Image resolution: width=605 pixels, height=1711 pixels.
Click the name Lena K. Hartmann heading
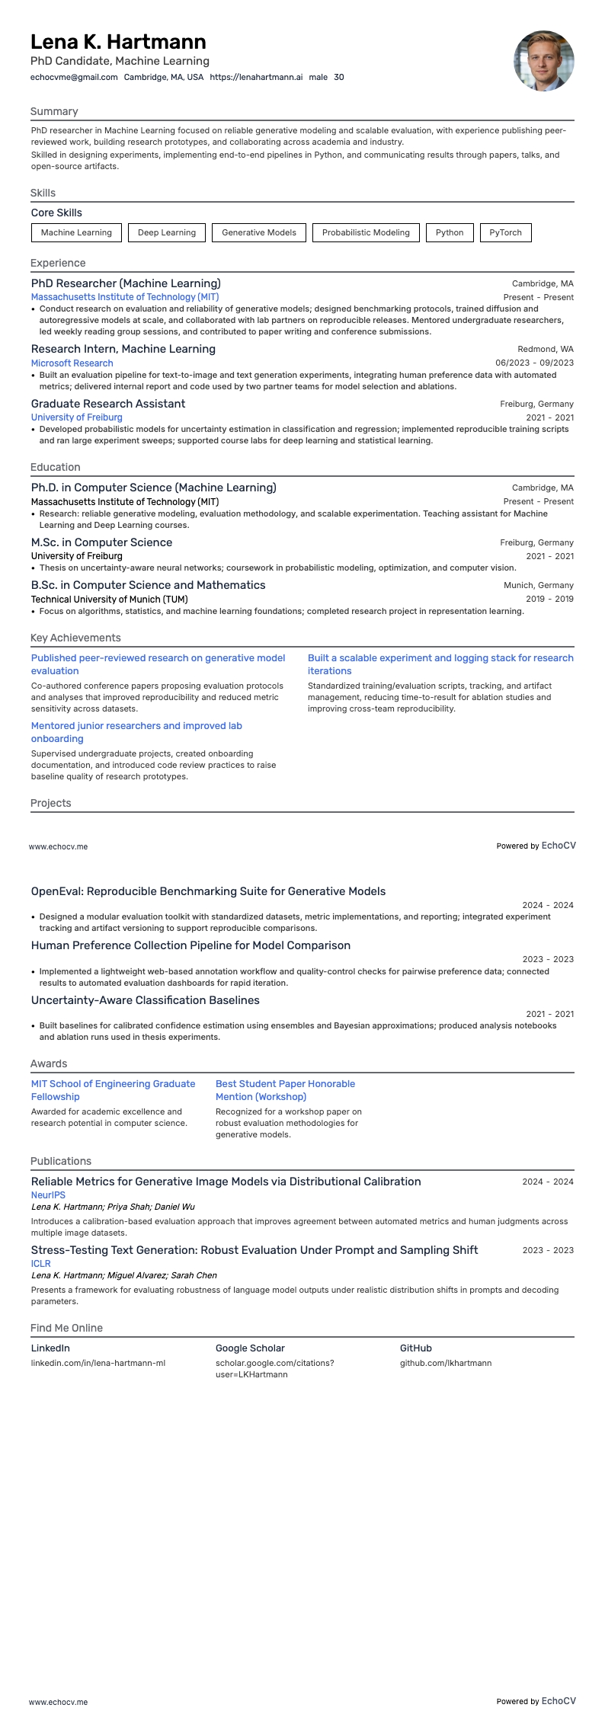[118, 41]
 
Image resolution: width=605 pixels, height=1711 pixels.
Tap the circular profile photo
[543, 61]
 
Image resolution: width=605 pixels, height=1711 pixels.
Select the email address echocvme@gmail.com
[74, 77]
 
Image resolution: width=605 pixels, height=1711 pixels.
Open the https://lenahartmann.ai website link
[256, 77]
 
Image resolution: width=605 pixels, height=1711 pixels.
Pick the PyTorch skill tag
[505, 232]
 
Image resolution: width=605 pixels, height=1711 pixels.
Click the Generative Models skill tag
[259, 232]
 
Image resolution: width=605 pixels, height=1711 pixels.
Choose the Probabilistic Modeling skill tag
[366, 232]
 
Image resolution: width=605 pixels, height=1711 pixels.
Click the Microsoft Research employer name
[72, 363]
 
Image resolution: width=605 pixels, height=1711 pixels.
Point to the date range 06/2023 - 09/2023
[534, 363]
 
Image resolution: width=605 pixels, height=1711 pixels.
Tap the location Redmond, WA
[546, 349]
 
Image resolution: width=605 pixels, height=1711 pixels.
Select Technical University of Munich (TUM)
[109, 600]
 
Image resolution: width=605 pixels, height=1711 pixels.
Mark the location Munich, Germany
[538, 585]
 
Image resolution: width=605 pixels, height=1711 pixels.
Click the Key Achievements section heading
[75, 638]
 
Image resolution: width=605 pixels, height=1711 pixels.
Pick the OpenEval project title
[208, 891]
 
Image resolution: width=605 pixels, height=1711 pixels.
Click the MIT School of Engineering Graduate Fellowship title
[113, 1090]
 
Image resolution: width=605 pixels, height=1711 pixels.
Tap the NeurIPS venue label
[48, 1195]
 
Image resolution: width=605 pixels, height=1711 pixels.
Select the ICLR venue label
[41, 1264]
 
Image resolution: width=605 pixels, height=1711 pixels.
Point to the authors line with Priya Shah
[113, 1207]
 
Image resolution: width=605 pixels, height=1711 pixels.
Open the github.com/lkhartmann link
[446, 1363]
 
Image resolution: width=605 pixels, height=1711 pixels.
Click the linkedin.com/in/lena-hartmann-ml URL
[98, 1363]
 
